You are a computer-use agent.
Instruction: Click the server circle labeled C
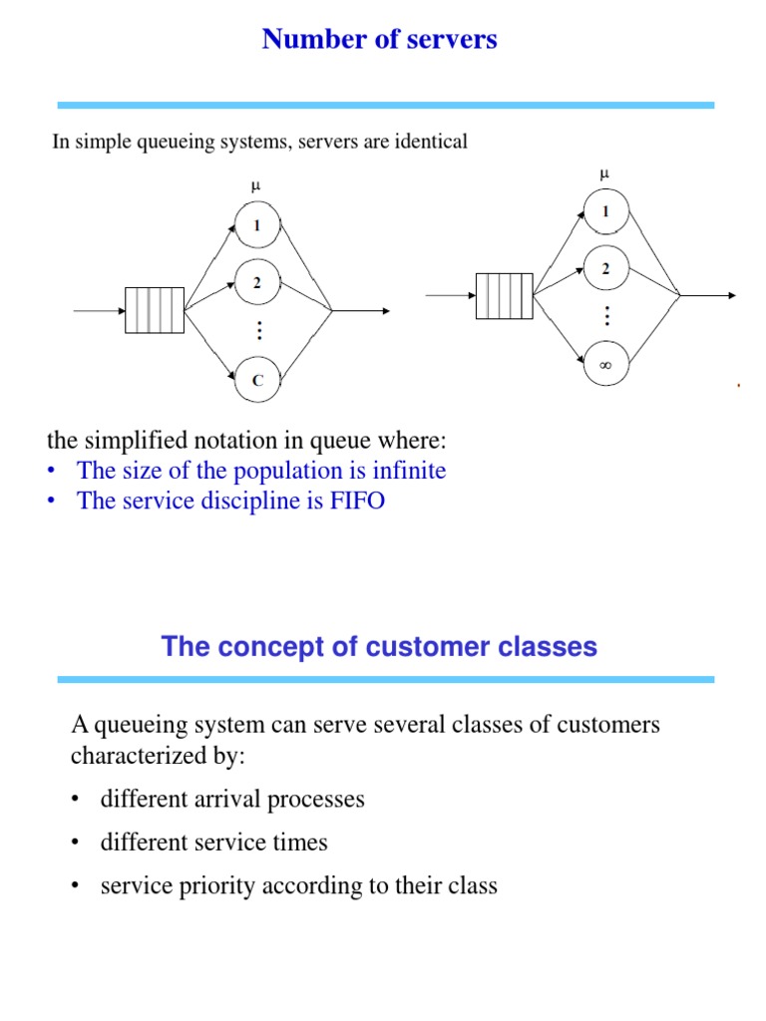coord(257,380)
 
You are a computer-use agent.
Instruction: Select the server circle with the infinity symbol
coord(605,366)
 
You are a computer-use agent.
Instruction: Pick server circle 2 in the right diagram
coord(605,269)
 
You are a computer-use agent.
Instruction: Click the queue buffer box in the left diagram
coord(155,310)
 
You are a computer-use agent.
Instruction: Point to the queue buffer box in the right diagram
coord(505,295)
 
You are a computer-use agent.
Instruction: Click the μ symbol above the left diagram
coord(256,186)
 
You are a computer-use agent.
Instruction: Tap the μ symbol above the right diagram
coord(603,173)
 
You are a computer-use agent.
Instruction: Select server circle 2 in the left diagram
coord(257,283)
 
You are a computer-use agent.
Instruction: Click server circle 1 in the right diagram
coord(605,211)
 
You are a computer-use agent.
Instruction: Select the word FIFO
coord(356,501)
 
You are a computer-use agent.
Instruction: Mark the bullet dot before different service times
coord(75,844)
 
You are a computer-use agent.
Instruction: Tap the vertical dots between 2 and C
coord(257,331)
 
